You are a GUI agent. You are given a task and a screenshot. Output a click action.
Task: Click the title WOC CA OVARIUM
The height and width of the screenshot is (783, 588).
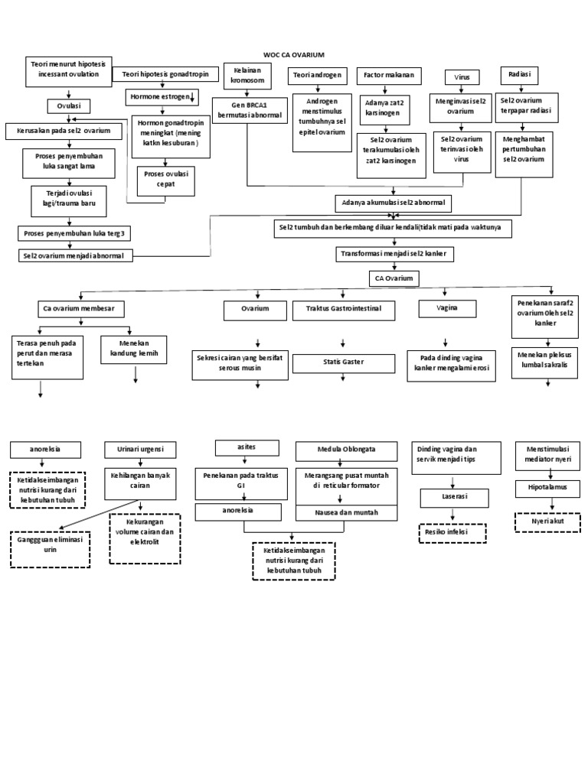point(294,55)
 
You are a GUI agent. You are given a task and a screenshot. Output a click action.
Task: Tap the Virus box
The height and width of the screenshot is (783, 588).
point(462,77)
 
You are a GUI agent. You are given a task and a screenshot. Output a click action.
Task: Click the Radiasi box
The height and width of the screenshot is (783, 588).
point(519,75)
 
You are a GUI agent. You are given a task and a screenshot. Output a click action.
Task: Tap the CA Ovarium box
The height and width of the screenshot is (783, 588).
point(394,278)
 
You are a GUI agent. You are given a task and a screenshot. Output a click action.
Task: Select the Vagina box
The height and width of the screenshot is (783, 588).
point(447,308)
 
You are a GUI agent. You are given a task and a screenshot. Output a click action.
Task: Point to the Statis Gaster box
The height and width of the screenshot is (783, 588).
point(341,361)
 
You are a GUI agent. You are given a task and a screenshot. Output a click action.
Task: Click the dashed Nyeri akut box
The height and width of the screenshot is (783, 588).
point(547,521)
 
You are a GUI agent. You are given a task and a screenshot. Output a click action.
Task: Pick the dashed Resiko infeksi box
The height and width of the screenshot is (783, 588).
point(452,532)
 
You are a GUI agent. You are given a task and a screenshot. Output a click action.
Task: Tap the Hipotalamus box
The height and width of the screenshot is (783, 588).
point(547,487)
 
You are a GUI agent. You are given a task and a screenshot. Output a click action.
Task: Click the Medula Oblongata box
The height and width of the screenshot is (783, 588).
point(346,449)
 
